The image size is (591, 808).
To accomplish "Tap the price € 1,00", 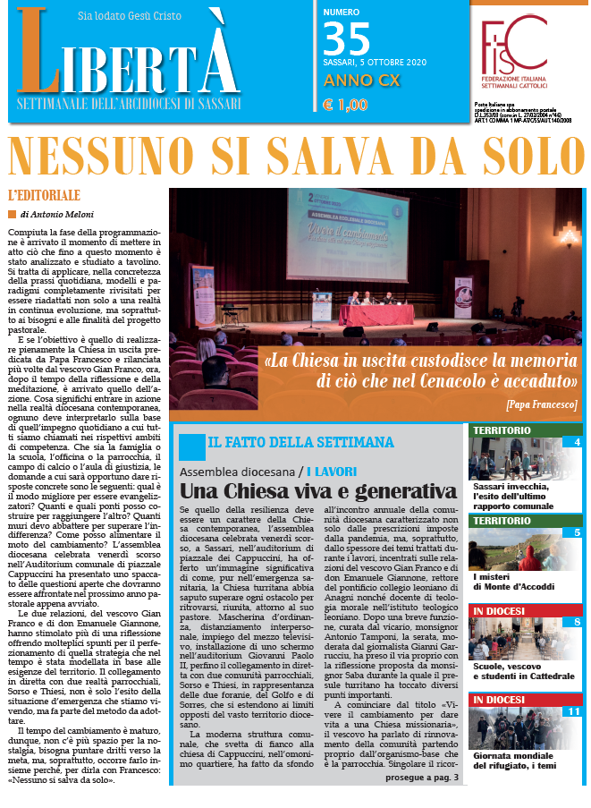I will (x=344, y=106).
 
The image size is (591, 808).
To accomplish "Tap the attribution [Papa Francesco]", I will (x=541, y=404).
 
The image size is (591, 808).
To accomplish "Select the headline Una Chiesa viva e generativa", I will (x=317, y=491).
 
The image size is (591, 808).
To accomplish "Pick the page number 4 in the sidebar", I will (x=577, y=441).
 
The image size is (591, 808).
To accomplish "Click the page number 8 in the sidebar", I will (x=577, y=597).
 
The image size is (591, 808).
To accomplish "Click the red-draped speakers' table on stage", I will (x=375, y=314).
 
